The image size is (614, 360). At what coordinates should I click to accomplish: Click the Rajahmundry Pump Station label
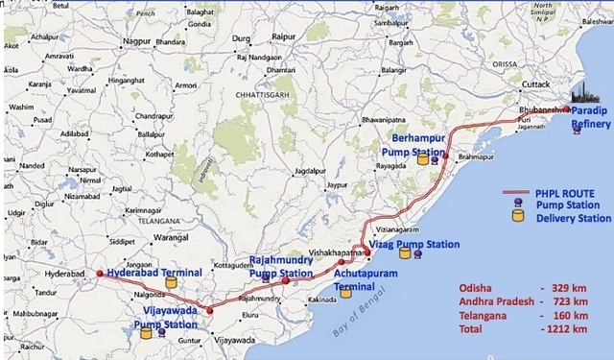[x=280, y=267]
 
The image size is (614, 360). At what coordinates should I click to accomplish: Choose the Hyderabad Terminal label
[x=154, y=273]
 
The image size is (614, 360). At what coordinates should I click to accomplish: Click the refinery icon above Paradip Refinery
[x=583, y=93]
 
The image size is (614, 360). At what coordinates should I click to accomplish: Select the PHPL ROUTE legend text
[x=561, y=194]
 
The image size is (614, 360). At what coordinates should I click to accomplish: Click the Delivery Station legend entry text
[x=573, y=218]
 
